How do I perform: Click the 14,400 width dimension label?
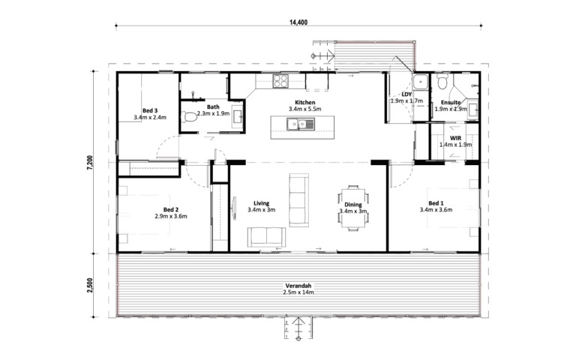pos(298,22)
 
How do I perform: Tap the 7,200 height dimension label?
pos(90,162)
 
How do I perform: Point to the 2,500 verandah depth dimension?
pos(90,285)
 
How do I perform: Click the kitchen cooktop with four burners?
pos(280,81)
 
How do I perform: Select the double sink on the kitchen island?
pos(301,124)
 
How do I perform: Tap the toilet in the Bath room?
pos(189,117)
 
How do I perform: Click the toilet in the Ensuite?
pos(442,82)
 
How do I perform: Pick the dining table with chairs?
pos(353,208)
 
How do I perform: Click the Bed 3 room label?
pos(150,110)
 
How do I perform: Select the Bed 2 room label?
pos(171,209)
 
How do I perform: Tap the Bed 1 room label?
pos(436,203)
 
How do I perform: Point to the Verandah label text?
pos(298,286)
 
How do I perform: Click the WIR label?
pos(455,138)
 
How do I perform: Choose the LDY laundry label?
pos(406,94)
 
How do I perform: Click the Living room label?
pos(261,203)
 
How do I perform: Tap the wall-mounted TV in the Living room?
pos(234,208)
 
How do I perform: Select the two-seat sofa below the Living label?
pos(266,237)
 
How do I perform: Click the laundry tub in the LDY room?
pos(420,82)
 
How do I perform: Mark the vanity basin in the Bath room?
pos(237,117)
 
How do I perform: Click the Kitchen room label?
pos(305,103)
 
